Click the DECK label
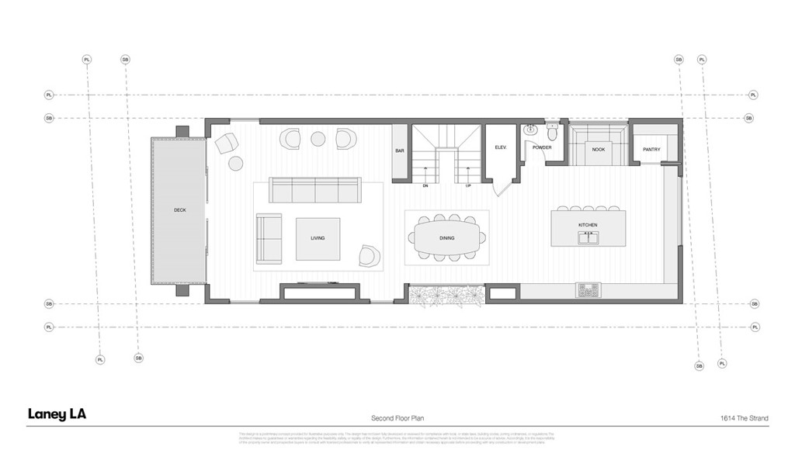pyautogui.click(x=179, y=210)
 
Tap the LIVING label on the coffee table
pyautogui.click(x=317, y=239)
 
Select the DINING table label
pyautogui.click(x=446, y=239)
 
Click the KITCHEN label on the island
pyautogui.click(x=588, y=225)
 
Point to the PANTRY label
pyautogui.click(x=651, y=149)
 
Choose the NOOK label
pyautogui.click(x=598, y=149)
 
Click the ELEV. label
pyautogui.click(x=500, y=147)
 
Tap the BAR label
pyautogui.click(x=400, y=151)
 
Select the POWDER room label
pyautogui.click(x=542, y=147)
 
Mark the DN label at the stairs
pyautogui.click(x=425, y=186)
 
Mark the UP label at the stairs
pyautogui.click(x=468, y=186)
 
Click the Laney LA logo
pyautogui.click(x=57, y=414)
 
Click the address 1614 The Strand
pyautogui.click(x=744, y=418)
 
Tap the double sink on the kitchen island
pyautogui.click(x=588, y=238)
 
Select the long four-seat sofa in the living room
pyautogui.click(x=314, y=189)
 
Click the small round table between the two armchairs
pyautogui.click(x=318, y=139)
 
